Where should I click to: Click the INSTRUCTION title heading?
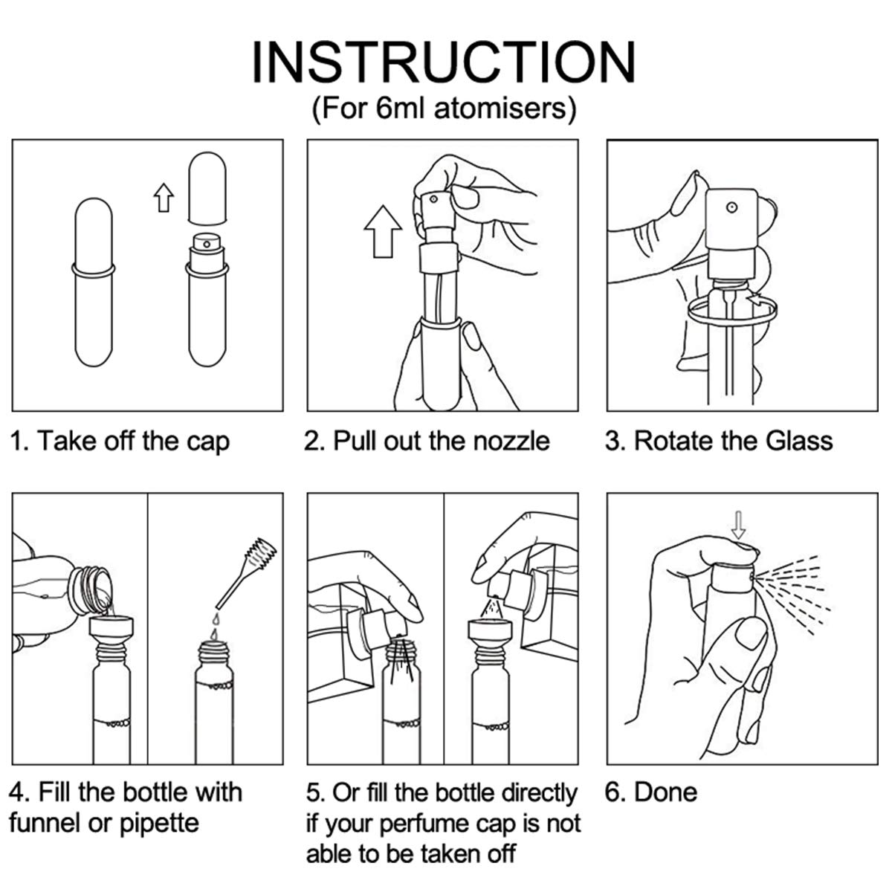tap(444, 62)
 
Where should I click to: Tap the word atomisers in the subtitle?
tap(500, 109)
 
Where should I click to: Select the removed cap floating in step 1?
tap(207, 188)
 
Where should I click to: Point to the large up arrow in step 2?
tap(383, 231)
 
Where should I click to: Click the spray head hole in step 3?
tap(732, 207)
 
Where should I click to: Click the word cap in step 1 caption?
tap(208, 442)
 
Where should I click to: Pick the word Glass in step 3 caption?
tap(798, 441)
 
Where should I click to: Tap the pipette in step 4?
tap(246, 573)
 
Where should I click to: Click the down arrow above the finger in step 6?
tap(738, 525)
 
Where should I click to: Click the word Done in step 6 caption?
tap(665, 792)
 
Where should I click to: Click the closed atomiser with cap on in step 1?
tap(94, 282)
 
